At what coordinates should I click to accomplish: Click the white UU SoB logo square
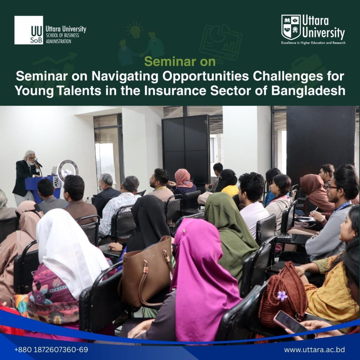28,30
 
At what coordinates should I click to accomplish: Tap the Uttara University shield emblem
291,27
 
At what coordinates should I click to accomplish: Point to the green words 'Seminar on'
180,62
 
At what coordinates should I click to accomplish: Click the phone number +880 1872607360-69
51,350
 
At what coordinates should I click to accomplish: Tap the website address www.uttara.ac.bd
314,350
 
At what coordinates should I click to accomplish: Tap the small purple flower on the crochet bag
282,296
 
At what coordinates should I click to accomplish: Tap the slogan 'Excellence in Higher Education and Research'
313,43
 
